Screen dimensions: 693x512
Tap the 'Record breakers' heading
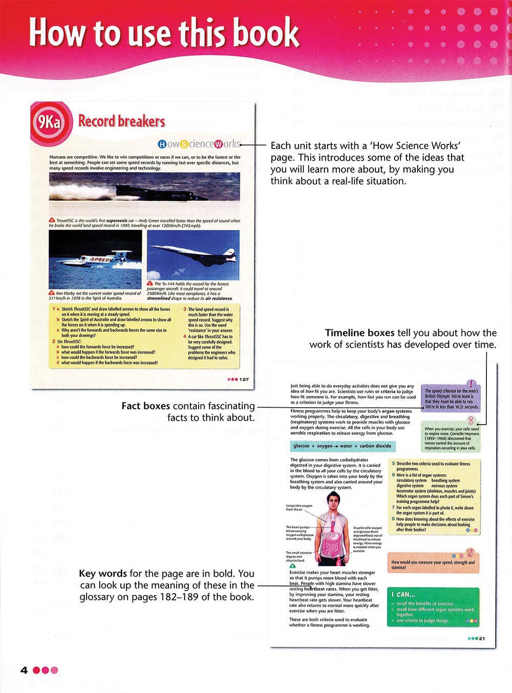[122, 122]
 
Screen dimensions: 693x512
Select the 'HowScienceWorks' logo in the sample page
[199, 144]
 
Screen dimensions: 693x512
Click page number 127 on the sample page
[244, 380]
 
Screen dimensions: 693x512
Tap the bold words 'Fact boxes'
[145, 406]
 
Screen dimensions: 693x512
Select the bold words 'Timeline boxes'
[359, 333]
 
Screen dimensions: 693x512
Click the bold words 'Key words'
[103, 574]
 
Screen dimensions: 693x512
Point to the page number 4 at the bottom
[24, 670]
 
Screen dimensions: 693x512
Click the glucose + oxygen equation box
[342, 446]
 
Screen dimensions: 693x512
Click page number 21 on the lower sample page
[482, 639]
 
